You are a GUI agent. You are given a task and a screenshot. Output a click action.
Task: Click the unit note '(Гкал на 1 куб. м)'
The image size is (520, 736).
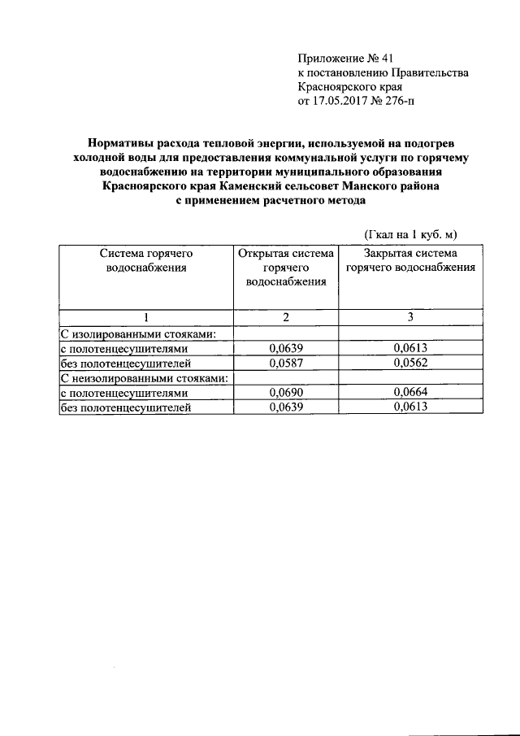[x=411, y=234]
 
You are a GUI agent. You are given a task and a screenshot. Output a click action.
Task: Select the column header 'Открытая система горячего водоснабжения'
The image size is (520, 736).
[x=284, y=268]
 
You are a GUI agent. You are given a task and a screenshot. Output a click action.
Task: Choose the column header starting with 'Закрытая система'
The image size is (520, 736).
[x=409, y=260]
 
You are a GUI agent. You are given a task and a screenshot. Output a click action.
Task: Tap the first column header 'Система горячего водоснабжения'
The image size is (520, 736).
[x=146, y=260]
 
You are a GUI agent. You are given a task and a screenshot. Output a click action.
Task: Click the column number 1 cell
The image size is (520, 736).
[x=146, y=316]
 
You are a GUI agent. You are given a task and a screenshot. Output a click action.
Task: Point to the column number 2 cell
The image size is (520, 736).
[x=285, y=316]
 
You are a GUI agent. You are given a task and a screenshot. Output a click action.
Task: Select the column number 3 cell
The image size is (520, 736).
[x=410, y=316]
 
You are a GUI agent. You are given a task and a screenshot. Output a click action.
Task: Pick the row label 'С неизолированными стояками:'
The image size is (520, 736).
[x=143, y=378]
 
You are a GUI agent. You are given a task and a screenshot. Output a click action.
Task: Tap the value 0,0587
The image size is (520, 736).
[x=284, y=364]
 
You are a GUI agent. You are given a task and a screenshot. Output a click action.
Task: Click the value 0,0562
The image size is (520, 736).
[x=409, y=364]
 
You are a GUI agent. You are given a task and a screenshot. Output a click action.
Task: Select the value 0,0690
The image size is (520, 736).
[x=284, y=394]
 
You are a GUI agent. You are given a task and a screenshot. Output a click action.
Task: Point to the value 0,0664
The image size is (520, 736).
[x=409, y=394]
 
